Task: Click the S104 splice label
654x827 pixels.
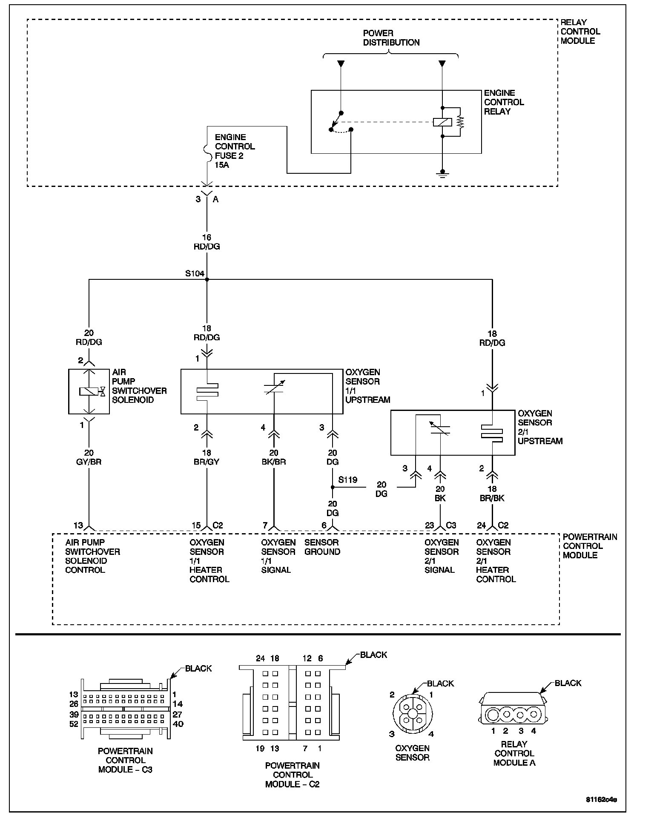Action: [195, 274]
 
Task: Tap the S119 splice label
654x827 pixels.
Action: [347, 480]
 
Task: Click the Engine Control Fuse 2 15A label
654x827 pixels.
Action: [234, 151]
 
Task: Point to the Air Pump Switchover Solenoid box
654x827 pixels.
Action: [89, 391]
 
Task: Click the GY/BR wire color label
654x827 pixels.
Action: [89, 462]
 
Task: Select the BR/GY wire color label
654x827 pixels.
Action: [207, 462]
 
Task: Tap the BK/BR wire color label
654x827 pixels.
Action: [274, 462]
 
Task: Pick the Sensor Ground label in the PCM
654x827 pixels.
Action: [322, 547]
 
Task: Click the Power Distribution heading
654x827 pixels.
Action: [391, 38]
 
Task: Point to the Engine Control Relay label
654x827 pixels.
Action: [504, 102]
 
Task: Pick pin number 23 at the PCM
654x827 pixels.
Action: [429, 525]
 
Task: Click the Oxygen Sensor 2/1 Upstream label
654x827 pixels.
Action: [540, 427]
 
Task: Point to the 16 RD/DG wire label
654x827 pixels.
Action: [207, 242]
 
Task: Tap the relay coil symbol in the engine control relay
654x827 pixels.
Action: [442, 122]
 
